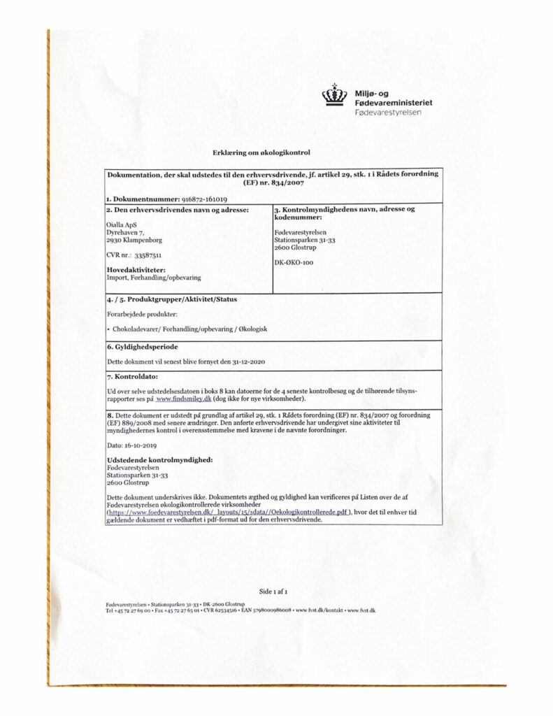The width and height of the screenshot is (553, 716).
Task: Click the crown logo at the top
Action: coord(334,95)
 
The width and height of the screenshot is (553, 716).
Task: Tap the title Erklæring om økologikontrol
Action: coord(261,152)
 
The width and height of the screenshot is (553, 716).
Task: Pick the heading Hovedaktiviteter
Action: coord(135,270)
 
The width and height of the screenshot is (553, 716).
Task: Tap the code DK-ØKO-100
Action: coord(294,262)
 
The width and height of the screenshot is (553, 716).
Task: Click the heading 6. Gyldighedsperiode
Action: coord(143,347)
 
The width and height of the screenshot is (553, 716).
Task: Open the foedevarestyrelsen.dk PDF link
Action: coord(228,512)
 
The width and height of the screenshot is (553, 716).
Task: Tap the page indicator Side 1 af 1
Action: coord(273,590)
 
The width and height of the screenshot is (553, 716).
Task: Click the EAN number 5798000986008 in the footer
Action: coord(267,610)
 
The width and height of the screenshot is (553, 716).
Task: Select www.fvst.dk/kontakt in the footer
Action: coord(319,610)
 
